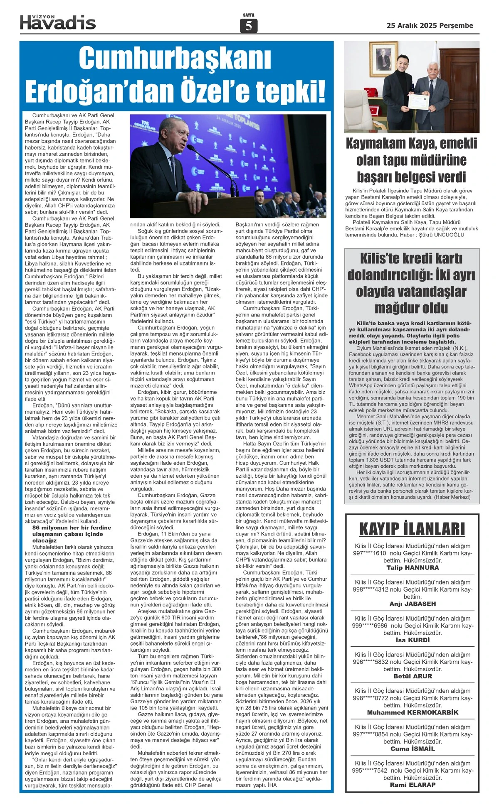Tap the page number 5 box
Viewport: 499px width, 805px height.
click(249, 26)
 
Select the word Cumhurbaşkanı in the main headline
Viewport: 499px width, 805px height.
click(175, 59)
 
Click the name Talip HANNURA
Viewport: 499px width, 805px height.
click(412, 567)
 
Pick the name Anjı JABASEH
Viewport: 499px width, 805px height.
click(412, 604)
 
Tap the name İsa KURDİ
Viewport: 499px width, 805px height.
click(412, 640)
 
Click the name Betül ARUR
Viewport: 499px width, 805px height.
click(412, 676)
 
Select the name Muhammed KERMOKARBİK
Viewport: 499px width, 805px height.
click(412, 712)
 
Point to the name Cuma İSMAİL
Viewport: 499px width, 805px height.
click(412, 749)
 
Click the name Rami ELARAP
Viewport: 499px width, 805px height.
click(412, 785)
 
